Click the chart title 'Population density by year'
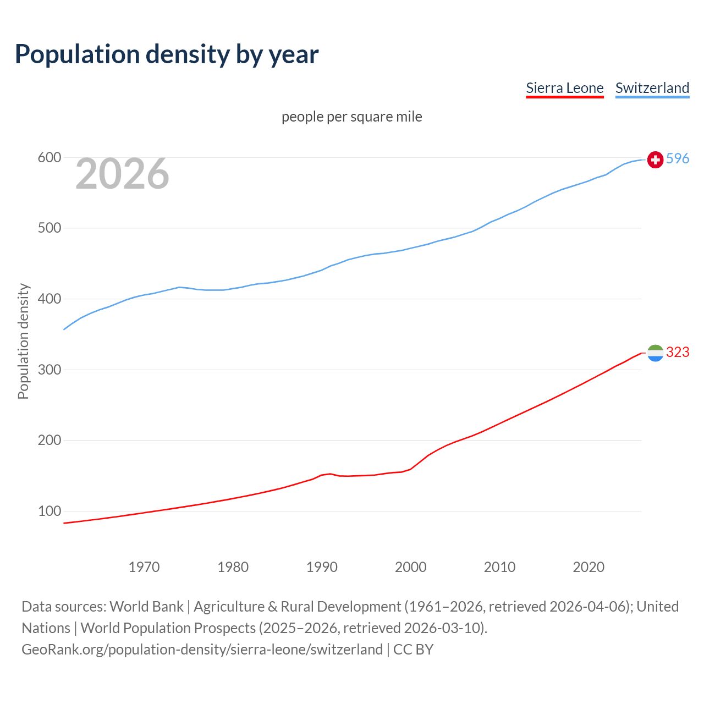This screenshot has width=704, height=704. [x=167, y=54]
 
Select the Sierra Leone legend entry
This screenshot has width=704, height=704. [x=565, y=88]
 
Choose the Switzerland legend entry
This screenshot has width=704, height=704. [x=652, y=88]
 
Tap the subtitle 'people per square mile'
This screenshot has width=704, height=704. [x=352, y=117]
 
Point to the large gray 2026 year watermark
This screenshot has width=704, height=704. [x=122, y=174]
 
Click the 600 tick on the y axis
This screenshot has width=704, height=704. [x=49, y=158]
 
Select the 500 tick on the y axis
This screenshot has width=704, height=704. [x=49, y=228]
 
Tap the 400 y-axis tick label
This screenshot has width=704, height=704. [x=49, y=299]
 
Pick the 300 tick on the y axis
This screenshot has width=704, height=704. [x=49, y=370]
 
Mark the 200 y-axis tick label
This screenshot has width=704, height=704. [x=49, y=441]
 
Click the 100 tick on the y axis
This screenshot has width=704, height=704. [x=49, y=512]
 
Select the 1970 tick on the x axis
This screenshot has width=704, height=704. [x=144, y=567]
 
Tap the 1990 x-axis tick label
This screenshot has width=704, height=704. [x=322, y=567]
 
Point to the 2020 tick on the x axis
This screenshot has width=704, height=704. [x=588, y=567]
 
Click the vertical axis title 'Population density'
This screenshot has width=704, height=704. [x=23, y=341]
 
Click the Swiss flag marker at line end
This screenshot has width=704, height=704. [x=655, y=159]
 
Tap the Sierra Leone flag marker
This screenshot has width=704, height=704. [x=655, y=353]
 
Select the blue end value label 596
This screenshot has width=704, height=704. [x=678, y=159]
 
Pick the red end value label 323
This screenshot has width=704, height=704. [x=678, y=353]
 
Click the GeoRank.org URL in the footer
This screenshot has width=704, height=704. [x=202, y=650]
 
